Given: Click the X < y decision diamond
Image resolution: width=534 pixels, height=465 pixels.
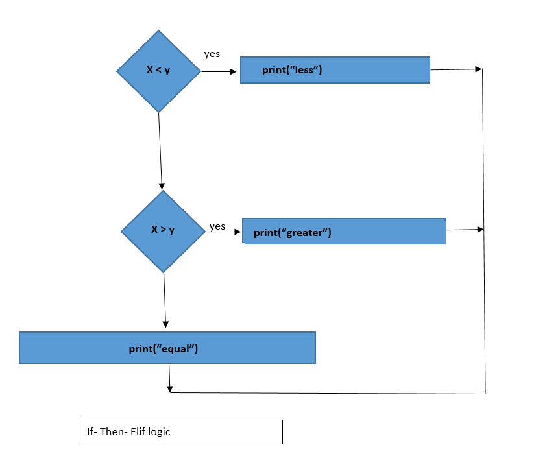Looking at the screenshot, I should click(x=158, y=71).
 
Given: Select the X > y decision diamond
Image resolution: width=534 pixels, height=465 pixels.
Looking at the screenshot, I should click(x=163, y=231).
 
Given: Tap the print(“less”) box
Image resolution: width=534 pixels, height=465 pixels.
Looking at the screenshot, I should click(x=335, y=70).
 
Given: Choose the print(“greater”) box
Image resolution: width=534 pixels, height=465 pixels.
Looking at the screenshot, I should click(x=344, y=232).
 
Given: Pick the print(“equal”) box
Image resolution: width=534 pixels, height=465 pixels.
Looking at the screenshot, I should click(x=167, y=348).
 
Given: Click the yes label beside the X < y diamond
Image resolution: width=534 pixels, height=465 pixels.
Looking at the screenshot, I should click(x=212, y=54).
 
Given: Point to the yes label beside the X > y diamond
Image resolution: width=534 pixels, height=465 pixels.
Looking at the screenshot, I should click(x=217, y=226).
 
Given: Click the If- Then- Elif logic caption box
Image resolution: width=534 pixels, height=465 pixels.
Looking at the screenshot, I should click(x=180, y=432).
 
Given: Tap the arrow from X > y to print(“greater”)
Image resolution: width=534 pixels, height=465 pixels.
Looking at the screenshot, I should click(x=223, y=231).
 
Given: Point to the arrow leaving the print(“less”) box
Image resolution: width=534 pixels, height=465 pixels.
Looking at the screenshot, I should click(x=456, y=69).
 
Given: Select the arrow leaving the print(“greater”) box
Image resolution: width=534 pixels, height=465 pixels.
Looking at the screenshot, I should click(x=465, y=230).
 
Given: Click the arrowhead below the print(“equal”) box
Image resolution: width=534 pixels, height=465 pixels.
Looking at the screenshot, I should click(x=170, y=388).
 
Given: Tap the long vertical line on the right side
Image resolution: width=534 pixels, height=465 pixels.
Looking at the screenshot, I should click(x=484, y=259).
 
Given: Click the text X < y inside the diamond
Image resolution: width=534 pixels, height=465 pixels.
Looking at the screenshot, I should click(x=158, y=70).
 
